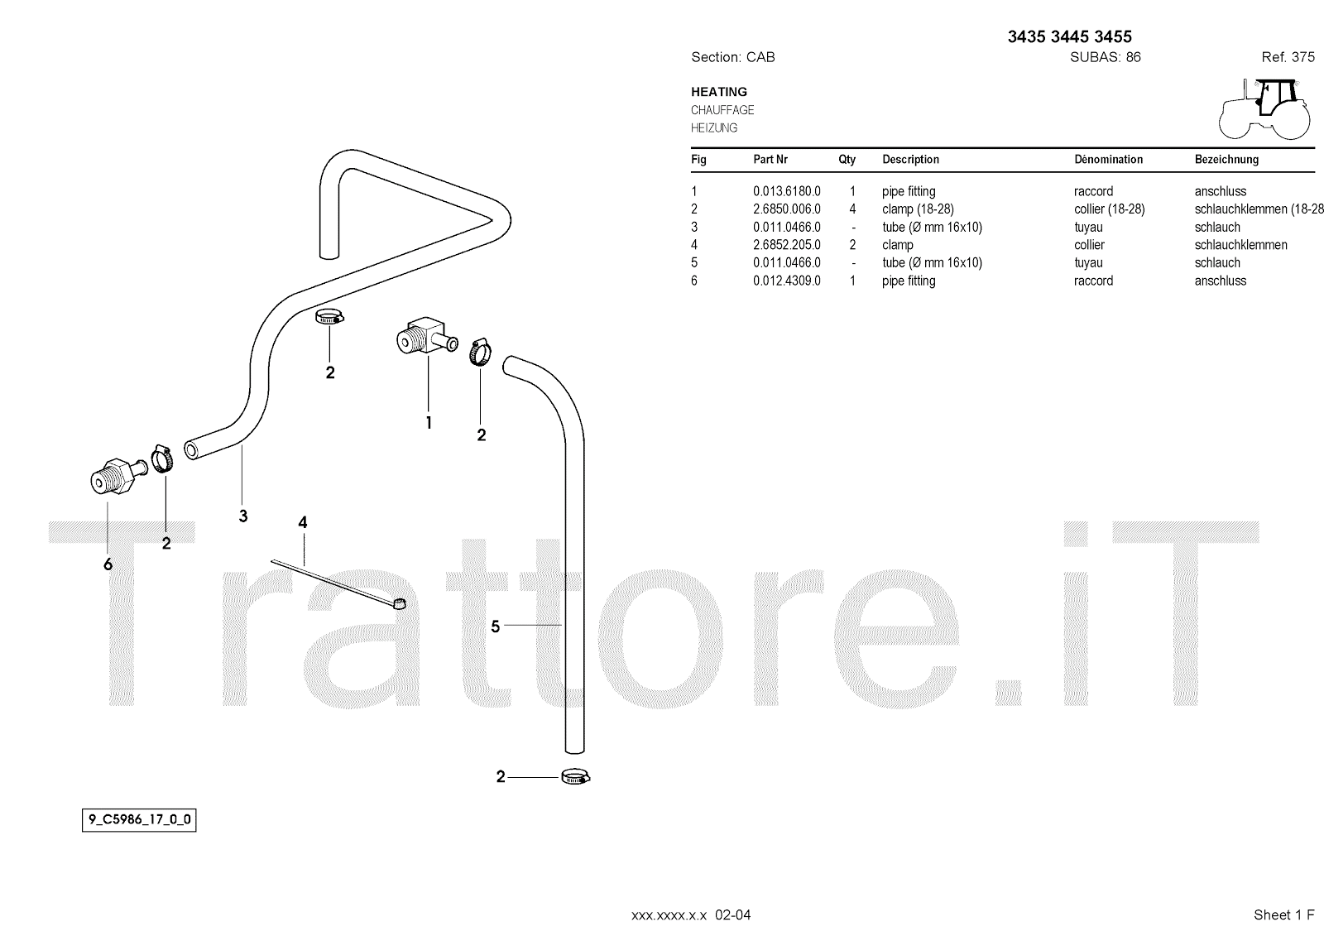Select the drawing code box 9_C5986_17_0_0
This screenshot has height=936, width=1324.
pyautogui.click(x=139, y=821)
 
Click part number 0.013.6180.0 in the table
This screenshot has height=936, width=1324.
pyautogui.click(x=786, y=191)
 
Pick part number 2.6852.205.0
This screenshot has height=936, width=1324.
pyautogui.click(x=786, y=245)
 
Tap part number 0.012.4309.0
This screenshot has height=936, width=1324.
pyautogui.click(x=786, y=281)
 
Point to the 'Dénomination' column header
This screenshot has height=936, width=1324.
pyautogui.click(x=1108, y=159)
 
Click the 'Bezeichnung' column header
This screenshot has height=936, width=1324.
pyautogui.click(x=1226, y=159)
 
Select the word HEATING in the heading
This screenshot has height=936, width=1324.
pyautogui.click(x=719, y=92)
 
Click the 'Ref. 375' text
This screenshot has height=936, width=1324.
pyautogui.click(x=1288, y=57)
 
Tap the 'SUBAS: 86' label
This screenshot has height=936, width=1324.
pyautogui.click(x=1105, y=57)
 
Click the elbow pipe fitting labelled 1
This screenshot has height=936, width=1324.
pyautogui.click(x=423, y=335)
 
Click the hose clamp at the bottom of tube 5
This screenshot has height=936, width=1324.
pyautogui.click(x=576, y=777)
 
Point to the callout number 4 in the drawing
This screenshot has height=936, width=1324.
pyautogui.click(x=303, y=522)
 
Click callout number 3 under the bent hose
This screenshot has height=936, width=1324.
pyautogui.click(x=242, y=516)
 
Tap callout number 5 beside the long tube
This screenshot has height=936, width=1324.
pyautogui.click(x=496, y=626)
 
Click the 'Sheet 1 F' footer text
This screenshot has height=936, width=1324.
pyautogui.click(x=1283, y=914)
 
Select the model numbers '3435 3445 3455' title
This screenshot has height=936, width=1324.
pyautogui.click(x=1069, y=36)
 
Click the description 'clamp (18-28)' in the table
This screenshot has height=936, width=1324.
pyautogui.click(x=918, y=209)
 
